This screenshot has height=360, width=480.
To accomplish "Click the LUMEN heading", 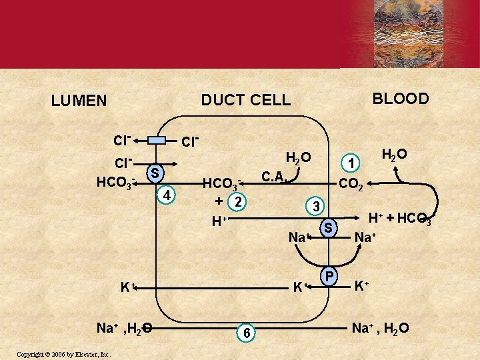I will click(79, 101).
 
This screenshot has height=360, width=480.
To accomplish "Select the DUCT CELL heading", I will click(246, 100).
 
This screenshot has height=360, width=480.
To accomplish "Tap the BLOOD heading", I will click(401, 99).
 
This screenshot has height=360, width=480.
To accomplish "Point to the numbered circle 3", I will click(318, 205).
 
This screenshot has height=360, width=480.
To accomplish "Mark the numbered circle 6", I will click(246, 333).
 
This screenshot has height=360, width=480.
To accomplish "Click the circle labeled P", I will click(328, 275).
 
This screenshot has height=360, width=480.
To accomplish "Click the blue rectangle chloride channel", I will click(157, 140).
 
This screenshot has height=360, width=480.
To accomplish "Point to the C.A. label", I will click(275, 177).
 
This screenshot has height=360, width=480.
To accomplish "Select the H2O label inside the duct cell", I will click(297, 158).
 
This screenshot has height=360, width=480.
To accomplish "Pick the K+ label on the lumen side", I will click(127, 288).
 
